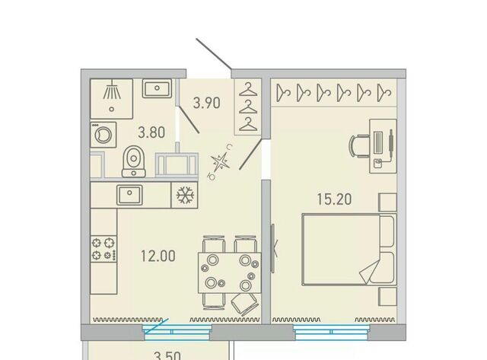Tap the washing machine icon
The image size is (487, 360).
(103, 135)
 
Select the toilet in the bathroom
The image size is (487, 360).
(134, 161)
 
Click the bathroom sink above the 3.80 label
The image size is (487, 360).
(158, 88)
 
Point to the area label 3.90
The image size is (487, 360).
(207, 103)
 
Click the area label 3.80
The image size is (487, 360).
(151, 132)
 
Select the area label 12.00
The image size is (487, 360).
(158, 256)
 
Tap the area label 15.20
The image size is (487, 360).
(335, 199)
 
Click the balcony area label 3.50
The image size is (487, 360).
(167, 355)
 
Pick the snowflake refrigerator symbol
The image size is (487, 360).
(185, 195)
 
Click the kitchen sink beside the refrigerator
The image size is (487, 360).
(129, 195)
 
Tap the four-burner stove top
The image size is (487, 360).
(104, 248)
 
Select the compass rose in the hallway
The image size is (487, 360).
(221, 162)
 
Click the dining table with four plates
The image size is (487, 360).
(230, 272)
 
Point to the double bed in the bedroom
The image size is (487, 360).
(349, 249)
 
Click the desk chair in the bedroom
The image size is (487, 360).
(359, 146)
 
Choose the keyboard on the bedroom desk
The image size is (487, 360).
(378, 142)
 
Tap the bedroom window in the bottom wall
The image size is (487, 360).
(332, 332)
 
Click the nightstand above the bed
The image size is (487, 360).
(387, 202)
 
